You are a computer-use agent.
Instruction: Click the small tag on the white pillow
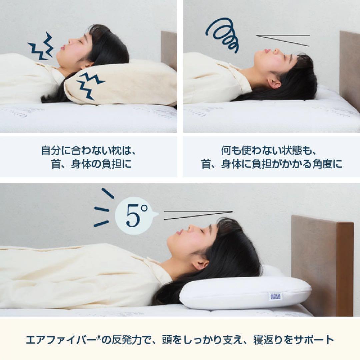coord(275,296)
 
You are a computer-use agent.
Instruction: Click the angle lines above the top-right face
coord(283,40)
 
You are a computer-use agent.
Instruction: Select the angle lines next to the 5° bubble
coord(198,215)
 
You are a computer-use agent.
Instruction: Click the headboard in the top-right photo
coord(349,67)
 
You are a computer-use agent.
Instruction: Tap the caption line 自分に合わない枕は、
coord(88,151)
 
